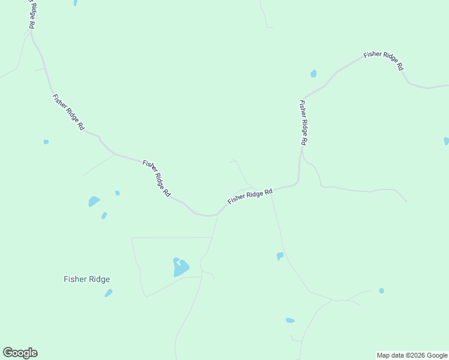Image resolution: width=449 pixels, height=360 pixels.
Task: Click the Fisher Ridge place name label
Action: click(87, 279)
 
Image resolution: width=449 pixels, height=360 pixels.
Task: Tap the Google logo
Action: click(20, 353)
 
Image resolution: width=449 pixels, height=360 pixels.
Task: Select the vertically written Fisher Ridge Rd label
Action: click(303, 122)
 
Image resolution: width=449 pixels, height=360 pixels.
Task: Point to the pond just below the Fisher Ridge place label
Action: click(109, 293)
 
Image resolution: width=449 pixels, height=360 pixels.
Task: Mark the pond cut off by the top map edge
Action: click(75, 2)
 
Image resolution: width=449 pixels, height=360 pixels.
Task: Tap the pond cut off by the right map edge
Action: click(446, 141)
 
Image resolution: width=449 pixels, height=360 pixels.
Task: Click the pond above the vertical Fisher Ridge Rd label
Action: click(313, 74)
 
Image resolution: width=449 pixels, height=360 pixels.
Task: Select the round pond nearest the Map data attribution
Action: click(381, 291)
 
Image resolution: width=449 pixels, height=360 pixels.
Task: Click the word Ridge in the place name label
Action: click(98, 279)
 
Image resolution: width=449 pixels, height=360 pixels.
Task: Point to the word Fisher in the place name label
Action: click(75, 279)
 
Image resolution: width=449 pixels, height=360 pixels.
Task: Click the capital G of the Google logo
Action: click(8, 353)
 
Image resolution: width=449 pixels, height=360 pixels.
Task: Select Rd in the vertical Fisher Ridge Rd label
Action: click(304, 141)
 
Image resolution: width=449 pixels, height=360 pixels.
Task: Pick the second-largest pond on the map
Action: click(94, 201)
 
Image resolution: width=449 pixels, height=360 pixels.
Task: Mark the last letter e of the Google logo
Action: click(34, 353)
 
